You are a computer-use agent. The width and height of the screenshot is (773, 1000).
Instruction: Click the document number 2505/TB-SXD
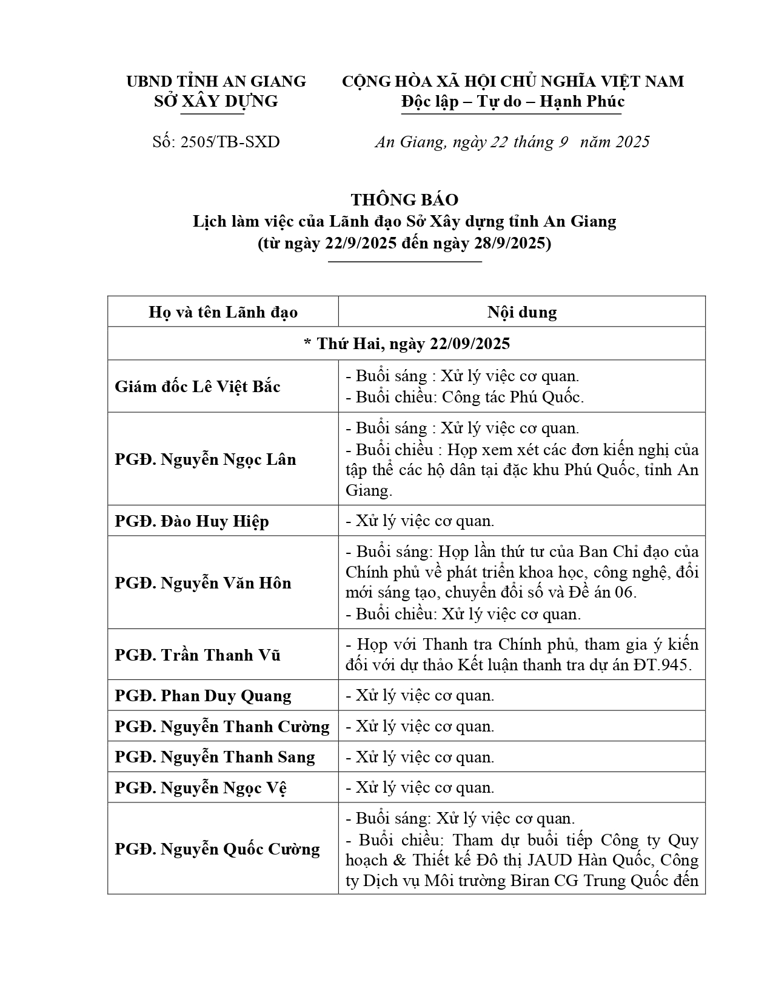(230, 142)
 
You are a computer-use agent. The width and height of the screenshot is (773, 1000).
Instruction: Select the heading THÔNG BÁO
(404, 199)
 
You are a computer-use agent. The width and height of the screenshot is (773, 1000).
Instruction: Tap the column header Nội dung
(521, 312)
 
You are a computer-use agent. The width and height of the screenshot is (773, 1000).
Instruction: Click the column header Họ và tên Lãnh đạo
(223, 312)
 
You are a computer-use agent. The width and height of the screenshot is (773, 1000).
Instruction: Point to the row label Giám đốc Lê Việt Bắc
(198, 387)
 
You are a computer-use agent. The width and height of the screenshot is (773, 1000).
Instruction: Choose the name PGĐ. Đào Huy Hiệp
(192, 521)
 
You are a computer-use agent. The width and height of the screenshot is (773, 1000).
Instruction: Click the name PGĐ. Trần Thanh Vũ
(198, 655)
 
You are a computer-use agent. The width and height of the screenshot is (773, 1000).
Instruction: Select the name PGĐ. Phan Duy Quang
(203, 696)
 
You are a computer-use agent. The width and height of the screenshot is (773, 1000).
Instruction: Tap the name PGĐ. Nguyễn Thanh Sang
(215, 757)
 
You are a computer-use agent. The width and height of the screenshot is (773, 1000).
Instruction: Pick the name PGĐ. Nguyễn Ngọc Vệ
(201, 788)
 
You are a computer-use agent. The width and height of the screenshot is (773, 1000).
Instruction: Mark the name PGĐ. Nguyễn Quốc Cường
(217, 849)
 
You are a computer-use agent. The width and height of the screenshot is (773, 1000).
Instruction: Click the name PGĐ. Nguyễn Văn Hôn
(203, 583)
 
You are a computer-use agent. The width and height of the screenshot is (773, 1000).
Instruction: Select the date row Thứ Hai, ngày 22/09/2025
(407, 344)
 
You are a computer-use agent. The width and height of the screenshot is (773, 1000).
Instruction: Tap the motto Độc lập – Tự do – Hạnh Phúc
(512, 101)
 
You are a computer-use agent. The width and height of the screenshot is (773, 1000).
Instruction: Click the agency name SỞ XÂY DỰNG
(216, 101)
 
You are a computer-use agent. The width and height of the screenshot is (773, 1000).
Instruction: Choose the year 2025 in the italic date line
(632, 142)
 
